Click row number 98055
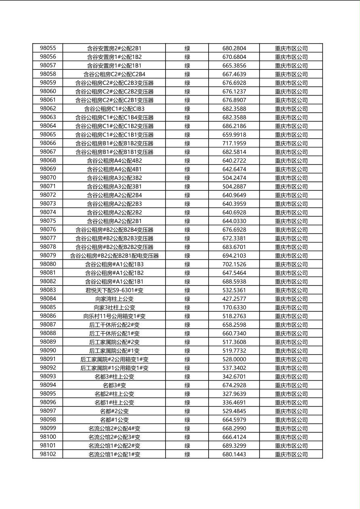[x=48, y=48]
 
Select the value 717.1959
[x=234, y=143]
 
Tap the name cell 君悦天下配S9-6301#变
[x=114, y=290]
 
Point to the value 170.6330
[x=234, y=308]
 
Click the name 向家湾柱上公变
[x=114, y=299]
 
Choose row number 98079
[x=48, y=256]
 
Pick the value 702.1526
[x=234, y=265]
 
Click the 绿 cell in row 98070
[x=187, y=178]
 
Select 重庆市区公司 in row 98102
[x=291, y=455]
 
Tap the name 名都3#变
[x=114, y=385]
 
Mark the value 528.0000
[x=234, y=359]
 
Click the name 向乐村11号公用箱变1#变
[x=114, y=316]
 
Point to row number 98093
[x=48, y=377]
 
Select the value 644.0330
[x=234, y=221]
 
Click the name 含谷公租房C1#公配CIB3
[x=114, y=109]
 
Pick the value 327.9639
[x=234, y=394]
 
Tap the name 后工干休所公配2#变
[x=114, y=325]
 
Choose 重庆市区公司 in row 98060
[x=291, y=92]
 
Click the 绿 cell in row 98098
[x=187, y=420]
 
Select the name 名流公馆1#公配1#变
[x=114, y=455]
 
